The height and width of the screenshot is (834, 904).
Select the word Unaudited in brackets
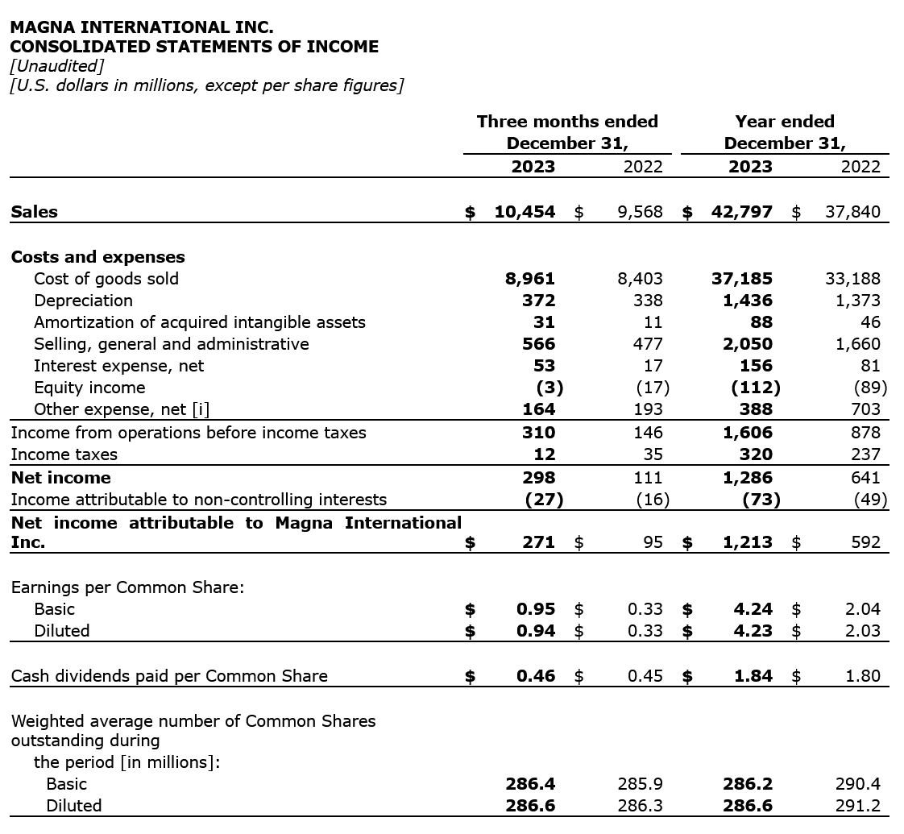click(x=57, y=66)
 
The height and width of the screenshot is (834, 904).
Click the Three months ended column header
click(x=567, y=122)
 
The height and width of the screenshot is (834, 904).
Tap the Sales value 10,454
click(x=525, y=212)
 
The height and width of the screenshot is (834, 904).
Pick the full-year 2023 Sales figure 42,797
click(x=742, y=212)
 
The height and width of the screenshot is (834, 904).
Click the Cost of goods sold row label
click(x=106, y=279)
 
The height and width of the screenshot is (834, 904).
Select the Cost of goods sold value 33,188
click(x=852, y=279)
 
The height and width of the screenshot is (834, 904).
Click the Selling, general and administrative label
click(x=171, y=344)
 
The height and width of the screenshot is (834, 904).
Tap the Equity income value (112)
click(x=755, y=388)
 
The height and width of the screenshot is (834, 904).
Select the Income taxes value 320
click(x=755, y=454)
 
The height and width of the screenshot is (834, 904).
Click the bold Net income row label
click(x=61, y=478)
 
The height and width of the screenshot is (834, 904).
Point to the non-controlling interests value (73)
click(x=761, y=500)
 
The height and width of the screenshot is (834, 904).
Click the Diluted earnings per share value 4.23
click(x=753, y=631)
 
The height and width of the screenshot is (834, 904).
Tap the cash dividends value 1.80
click(x=863, y=676)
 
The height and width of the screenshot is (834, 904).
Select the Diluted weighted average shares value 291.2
click(x=859, y=806)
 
